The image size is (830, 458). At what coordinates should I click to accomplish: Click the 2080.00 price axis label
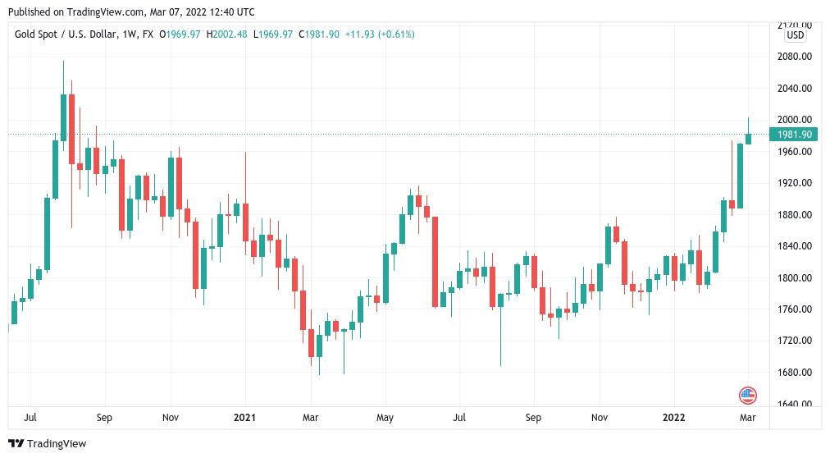794,57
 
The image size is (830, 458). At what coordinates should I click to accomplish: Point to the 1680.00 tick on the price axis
794,372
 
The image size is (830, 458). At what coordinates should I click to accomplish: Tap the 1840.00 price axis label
794,246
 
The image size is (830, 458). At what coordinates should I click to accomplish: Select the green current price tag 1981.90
793,135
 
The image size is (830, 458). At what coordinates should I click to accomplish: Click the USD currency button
795,35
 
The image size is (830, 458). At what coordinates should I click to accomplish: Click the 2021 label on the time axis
244,417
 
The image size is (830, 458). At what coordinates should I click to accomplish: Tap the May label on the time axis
385,417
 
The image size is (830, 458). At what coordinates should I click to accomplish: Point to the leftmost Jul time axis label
30,417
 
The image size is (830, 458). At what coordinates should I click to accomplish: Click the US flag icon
747,396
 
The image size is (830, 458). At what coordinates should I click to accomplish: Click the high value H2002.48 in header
228,34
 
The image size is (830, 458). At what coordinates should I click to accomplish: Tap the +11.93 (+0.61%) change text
380,34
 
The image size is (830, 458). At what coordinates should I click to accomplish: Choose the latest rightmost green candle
748,138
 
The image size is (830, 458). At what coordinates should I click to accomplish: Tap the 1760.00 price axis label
794,309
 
